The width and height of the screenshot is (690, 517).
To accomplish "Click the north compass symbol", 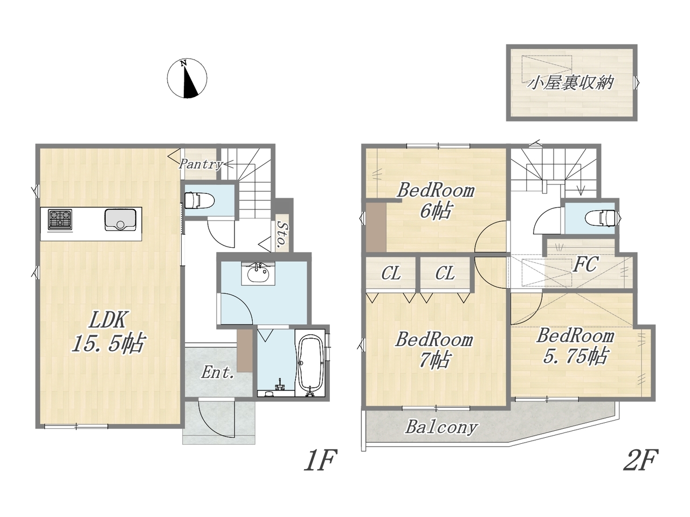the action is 187,78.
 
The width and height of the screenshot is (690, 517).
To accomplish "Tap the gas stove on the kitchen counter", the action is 60,219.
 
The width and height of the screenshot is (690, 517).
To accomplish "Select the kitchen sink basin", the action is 120,219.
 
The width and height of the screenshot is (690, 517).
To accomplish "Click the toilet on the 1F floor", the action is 199,200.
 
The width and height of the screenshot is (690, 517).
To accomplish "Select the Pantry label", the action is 201,164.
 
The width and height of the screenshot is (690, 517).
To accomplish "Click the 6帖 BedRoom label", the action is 436,201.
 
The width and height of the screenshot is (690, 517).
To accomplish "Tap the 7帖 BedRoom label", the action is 434,350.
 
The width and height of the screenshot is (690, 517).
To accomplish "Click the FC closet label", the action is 585,264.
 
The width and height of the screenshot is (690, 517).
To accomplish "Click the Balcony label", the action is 441,427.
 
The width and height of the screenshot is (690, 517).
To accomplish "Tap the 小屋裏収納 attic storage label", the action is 571,83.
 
